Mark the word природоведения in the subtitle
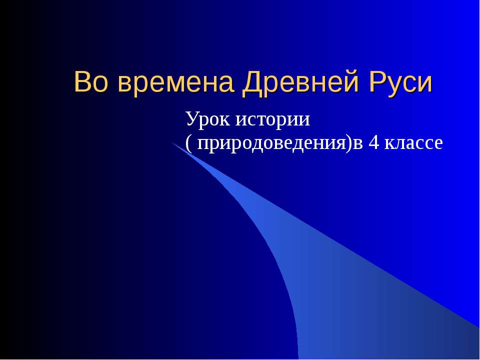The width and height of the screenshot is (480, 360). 271,143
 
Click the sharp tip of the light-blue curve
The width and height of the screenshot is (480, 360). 173,143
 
